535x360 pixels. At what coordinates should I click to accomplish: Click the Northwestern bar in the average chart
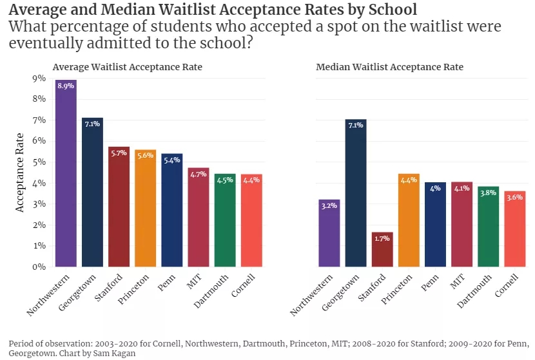[66, 174]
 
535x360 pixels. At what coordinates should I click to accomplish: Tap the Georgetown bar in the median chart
[356, 193]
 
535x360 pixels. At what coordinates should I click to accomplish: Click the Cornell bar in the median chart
[514, 229]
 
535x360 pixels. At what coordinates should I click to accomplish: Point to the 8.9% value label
[66, 86]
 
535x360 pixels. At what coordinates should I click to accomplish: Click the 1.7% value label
[382, 238]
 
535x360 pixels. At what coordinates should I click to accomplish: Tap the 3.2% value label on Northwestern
[329, 205]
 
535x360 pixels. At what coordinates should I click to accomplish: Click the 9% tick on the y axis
[39, 79]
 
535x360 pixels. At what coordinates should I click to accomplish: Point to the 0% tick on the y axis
[39, 267]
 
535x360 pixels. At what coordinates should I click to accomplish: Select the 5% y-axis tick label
[39, 162]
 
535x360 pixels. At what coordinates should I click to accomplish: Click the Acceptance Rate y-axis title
[20, 172]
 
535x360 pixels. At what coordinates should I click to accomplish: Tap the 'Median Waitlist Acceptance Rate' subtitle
[389, 67]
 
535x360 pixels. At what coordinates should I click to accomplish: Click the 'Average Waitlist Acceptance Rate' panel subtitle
[128, 67]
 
